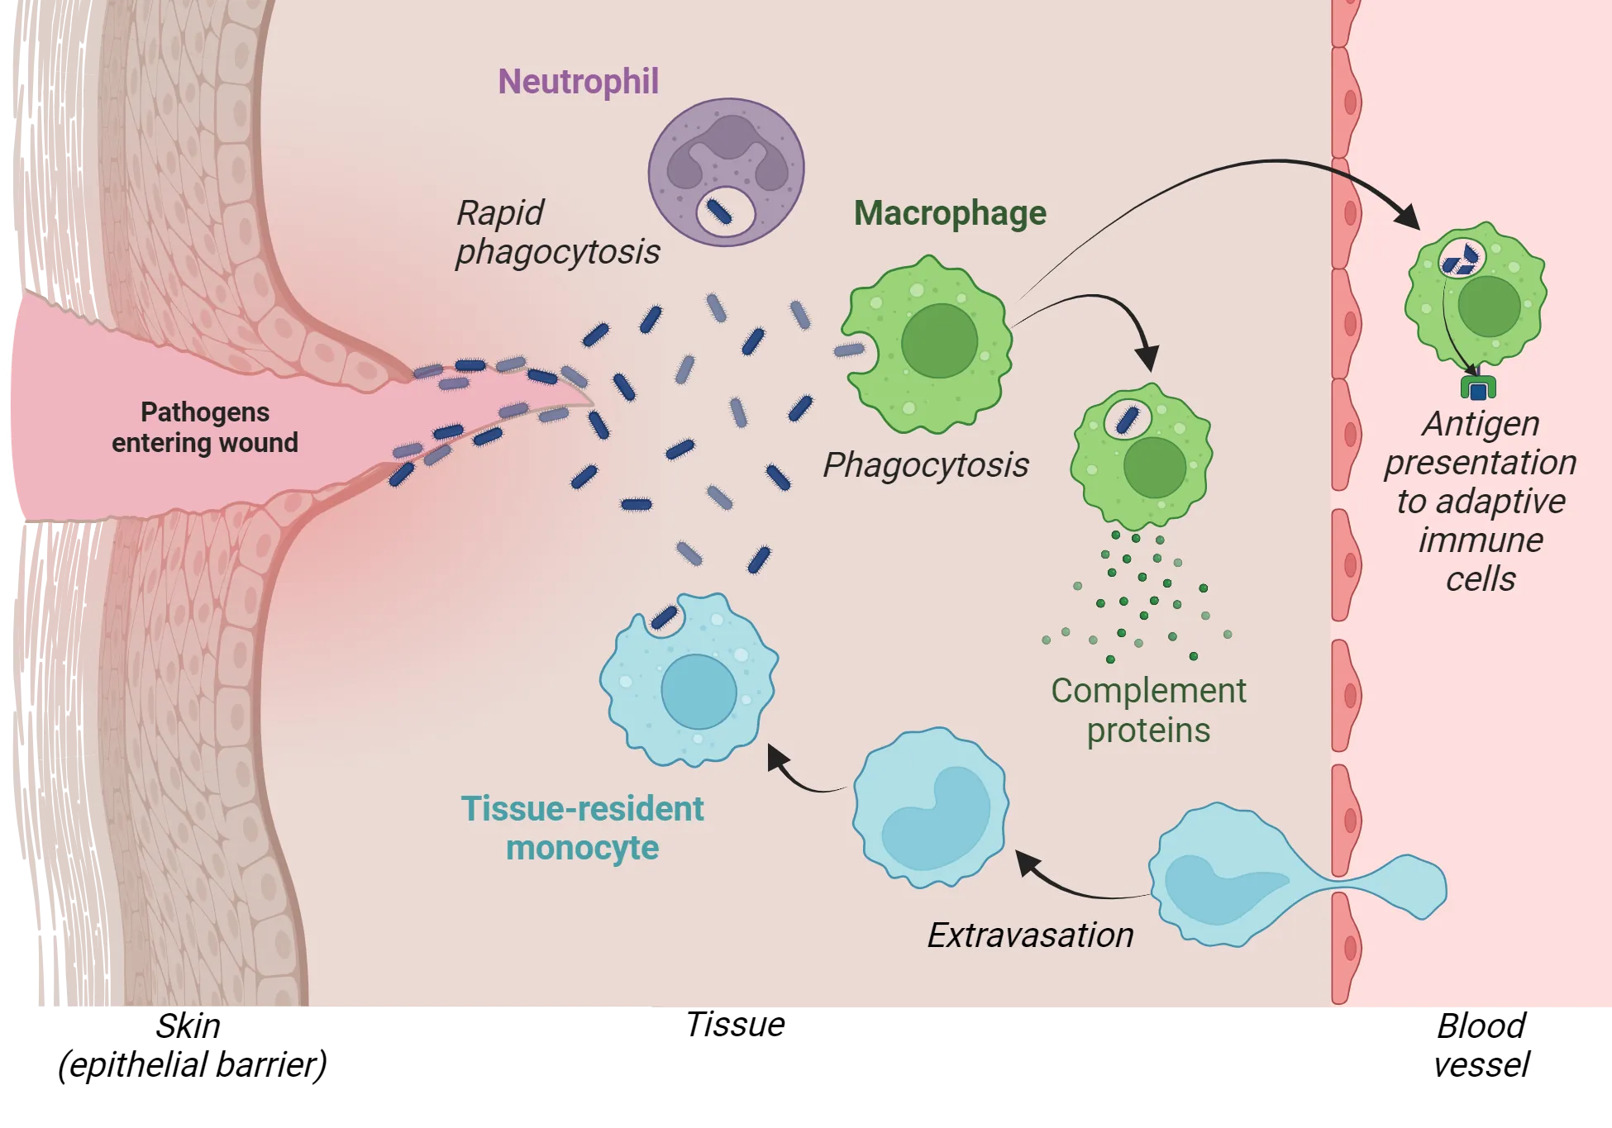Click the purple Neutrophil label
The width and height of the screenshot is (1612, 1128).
pos(578,82)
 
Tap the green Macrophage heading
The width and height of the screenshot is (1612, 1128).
pos(950,213)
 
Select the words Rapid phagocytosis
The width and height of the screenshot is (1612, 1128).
pos(557,232)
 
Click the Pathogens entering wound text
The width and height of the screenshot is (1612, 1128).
pos(204,427)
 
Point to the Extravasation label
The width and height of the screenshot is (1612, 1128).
pos(1029,935)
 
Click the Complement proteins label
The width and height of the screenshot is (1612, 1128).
pos(1147,710)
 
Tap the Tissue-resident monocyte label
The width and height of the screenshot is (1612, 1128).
pos(582,827)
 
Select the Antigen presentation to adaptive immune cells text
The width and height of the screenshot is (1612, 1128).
pos(1480,501)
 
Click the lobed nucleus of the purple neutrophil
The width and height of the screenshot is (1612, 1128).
pos(727,149)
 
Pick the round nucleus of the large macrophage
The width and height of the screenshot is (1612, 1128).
pos(939,340)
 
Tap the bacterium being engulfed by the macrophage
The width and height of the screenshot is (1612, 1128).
pos(849,350)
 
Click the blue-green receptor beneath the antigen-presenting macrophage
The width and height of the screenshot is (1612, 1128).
pos(1478,388)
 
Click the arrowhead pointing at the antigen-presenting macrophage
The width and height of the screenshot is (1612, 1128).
pos(1408,218)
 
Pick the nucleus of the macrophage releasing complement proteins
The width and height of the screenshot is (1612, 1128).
pos(1154,467)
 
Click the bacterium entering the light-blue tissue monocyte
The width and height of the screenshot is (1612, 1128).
pos(664,618)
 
